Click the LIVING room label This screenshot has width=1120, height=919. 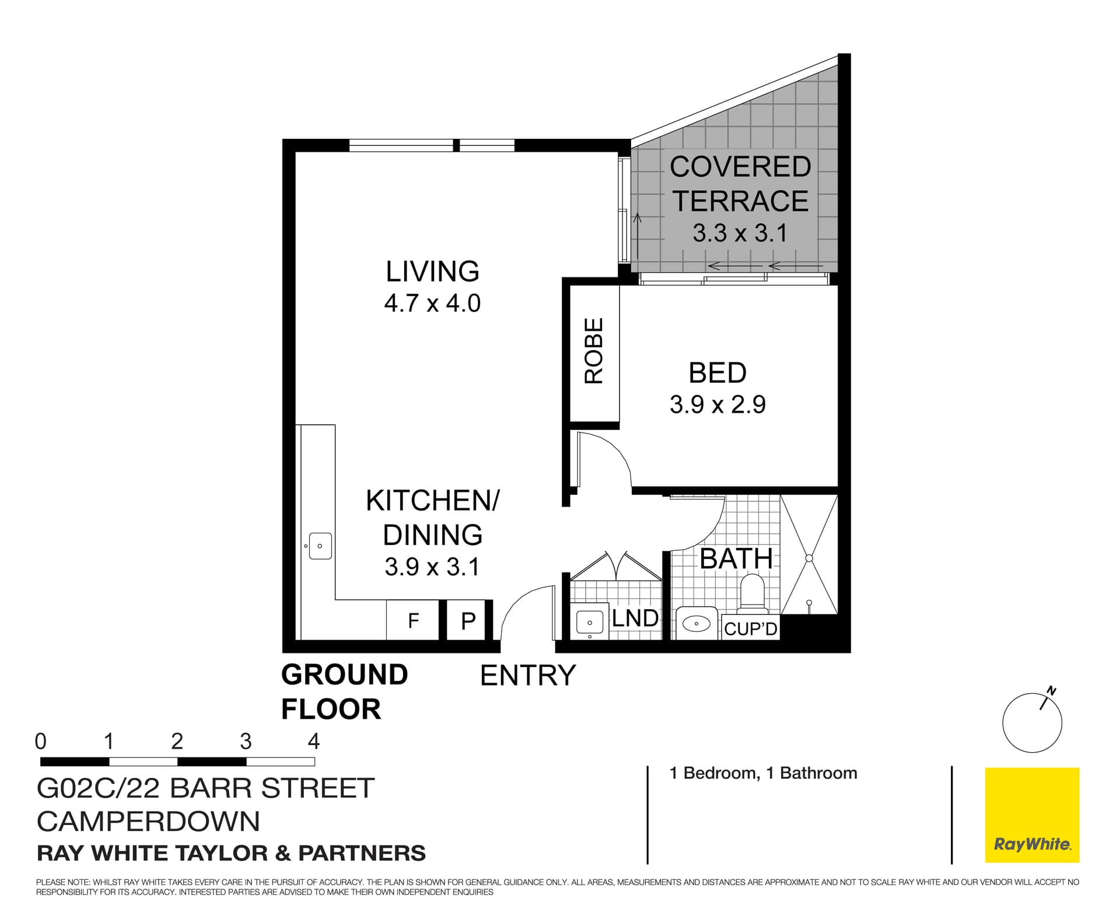tap(432, 271)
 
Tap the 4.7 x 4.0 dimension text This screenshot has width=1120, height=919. tap(432, 303)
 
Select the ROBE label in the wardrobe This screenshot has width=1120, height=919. tap(594, 351)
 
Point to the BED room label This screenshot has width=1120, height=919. tap(717, 373)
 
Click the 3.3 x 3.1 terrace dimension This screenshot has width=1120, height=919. tap(740, 233)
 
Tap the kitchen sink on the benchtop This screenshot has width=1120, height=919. tap(320, 546)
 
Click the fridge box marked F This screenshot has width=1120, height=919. tap(413, 620)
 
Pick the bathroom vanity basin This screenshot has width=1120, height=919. tap(696, 624)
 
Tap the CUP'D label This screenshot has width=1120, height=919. tap(750, 628)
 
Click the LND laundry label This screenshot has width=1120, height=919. tap(635, 618)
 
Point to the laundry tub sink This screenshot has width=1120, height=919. tap(590, 622)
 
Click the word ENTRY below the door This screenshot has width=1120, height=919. tap(527, 676)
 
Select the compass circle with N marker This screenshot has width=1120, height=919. tap(1032, 723)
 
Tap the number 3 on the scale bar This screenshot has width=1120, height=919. tap(246, 742)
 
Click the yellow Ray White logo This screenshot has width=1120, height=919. tap(1032, 815)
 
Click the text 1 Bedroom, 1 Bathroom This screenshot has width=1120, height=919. tap(763, 773)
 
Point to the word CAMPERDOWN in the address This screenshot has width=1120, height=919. tap(148, 822)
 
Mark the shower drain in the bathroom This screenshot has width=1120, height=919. tap(809, 558)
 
